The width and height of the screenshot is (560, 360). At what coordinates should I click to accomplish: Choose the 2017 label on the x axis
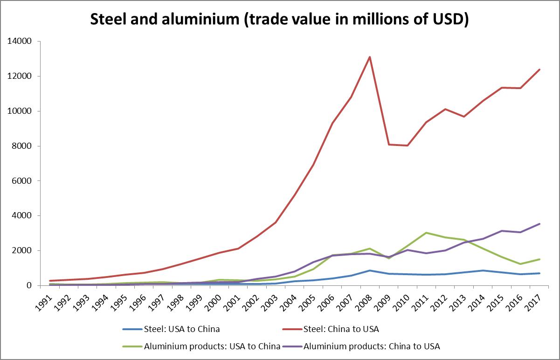[533, 299]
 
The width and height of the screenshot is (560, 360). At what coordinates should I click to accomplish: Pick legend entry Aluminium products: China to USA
[372, 346]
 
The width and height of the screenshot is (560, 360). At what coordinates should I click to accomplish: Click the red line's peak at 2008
[370, 57]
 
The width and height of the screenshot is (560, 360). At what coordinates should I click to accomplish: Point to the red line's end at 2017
[539, 69]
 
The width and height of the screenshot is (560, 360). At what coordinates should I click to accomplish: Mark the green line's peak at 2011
[426, 233]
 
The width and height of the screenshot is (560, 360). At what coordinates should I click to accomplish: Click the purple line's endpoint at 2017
[539, 224]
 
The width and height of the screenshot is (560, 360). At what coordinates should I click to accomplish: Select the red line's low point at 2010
[408, 145]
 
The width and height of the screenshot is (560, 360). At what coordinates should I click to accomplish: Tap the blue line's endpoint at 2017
[539, 273]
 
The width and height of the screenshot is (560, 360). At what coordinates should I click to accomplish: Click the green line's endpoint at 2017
[539, 259]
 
